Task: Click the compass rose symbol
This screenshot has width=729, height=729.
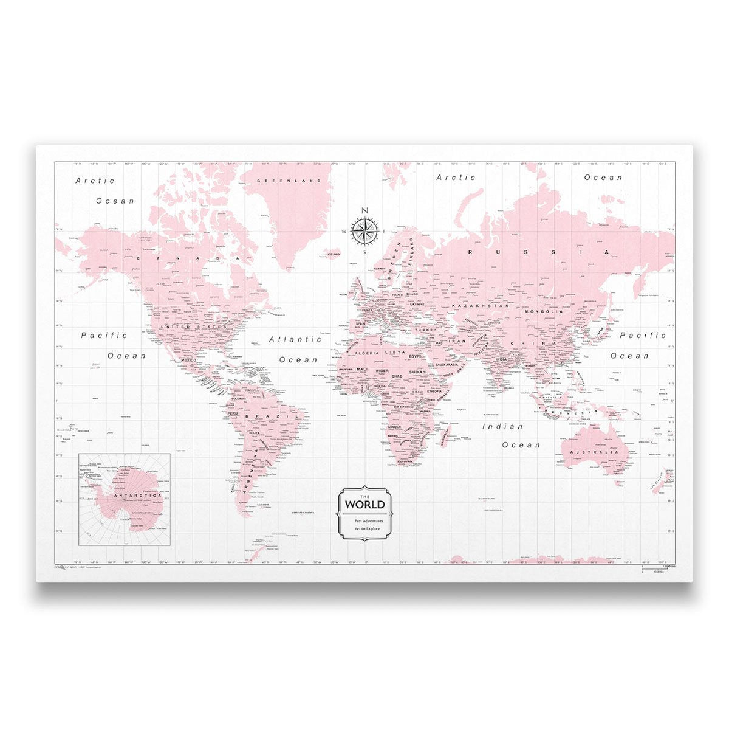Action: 364,230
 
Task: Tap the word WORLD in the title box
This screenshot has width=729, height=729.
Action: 364,504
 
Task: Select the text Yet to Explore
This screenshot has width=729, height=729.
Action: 364,530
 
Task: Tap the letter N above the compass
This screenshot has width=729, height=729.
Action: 364,211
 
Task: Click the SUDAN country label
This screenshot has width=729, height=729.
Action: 417,371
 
